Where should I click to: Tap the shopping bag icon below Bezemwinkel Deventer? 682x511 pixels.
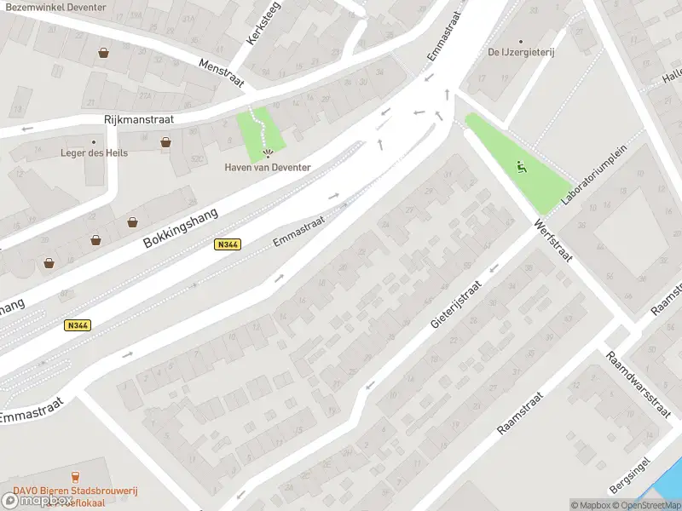point(103,53)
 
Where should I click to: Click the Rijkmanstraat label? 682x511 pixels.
point(139,120)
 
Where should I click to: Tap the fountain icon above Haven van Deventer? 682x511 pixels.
point(269,154)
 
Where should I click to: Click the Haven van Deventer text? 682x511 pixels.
point(268,167)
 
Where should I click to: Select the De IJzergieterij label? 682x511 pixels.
point(521,52)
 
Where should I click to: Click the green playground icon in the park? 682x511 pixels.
point(522,167)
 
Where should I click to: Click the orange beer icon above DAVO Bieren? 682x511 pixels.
point(75,477)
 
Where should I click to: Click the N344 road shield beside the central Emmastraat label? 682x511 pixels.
point(228,244)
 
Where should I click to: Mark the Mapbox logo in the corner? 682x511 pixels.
point(36,500)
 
